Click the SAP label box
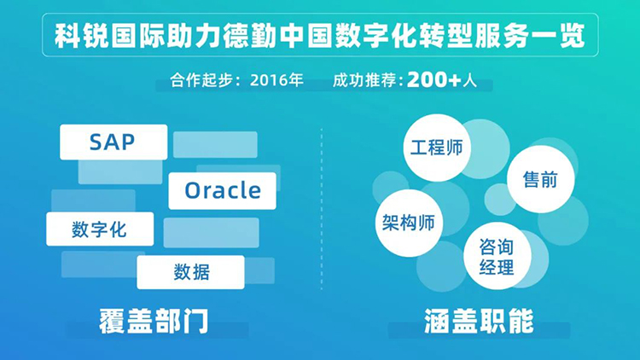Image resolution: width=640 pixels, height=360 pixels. (x=113, y=142)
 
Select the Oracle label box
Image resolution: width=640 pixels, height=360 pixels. (x=222, y=190)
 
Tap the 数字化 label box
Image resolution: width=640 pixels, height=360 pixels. (x=100, y=229)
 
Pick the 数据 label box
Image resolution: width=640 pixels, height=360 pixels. (x=191, y=271)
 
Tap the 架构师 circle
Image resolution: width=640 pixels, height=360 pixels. (x=409, y=223)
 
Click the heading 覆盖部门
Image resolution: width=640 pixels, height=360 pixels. (x=153, y=322)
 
